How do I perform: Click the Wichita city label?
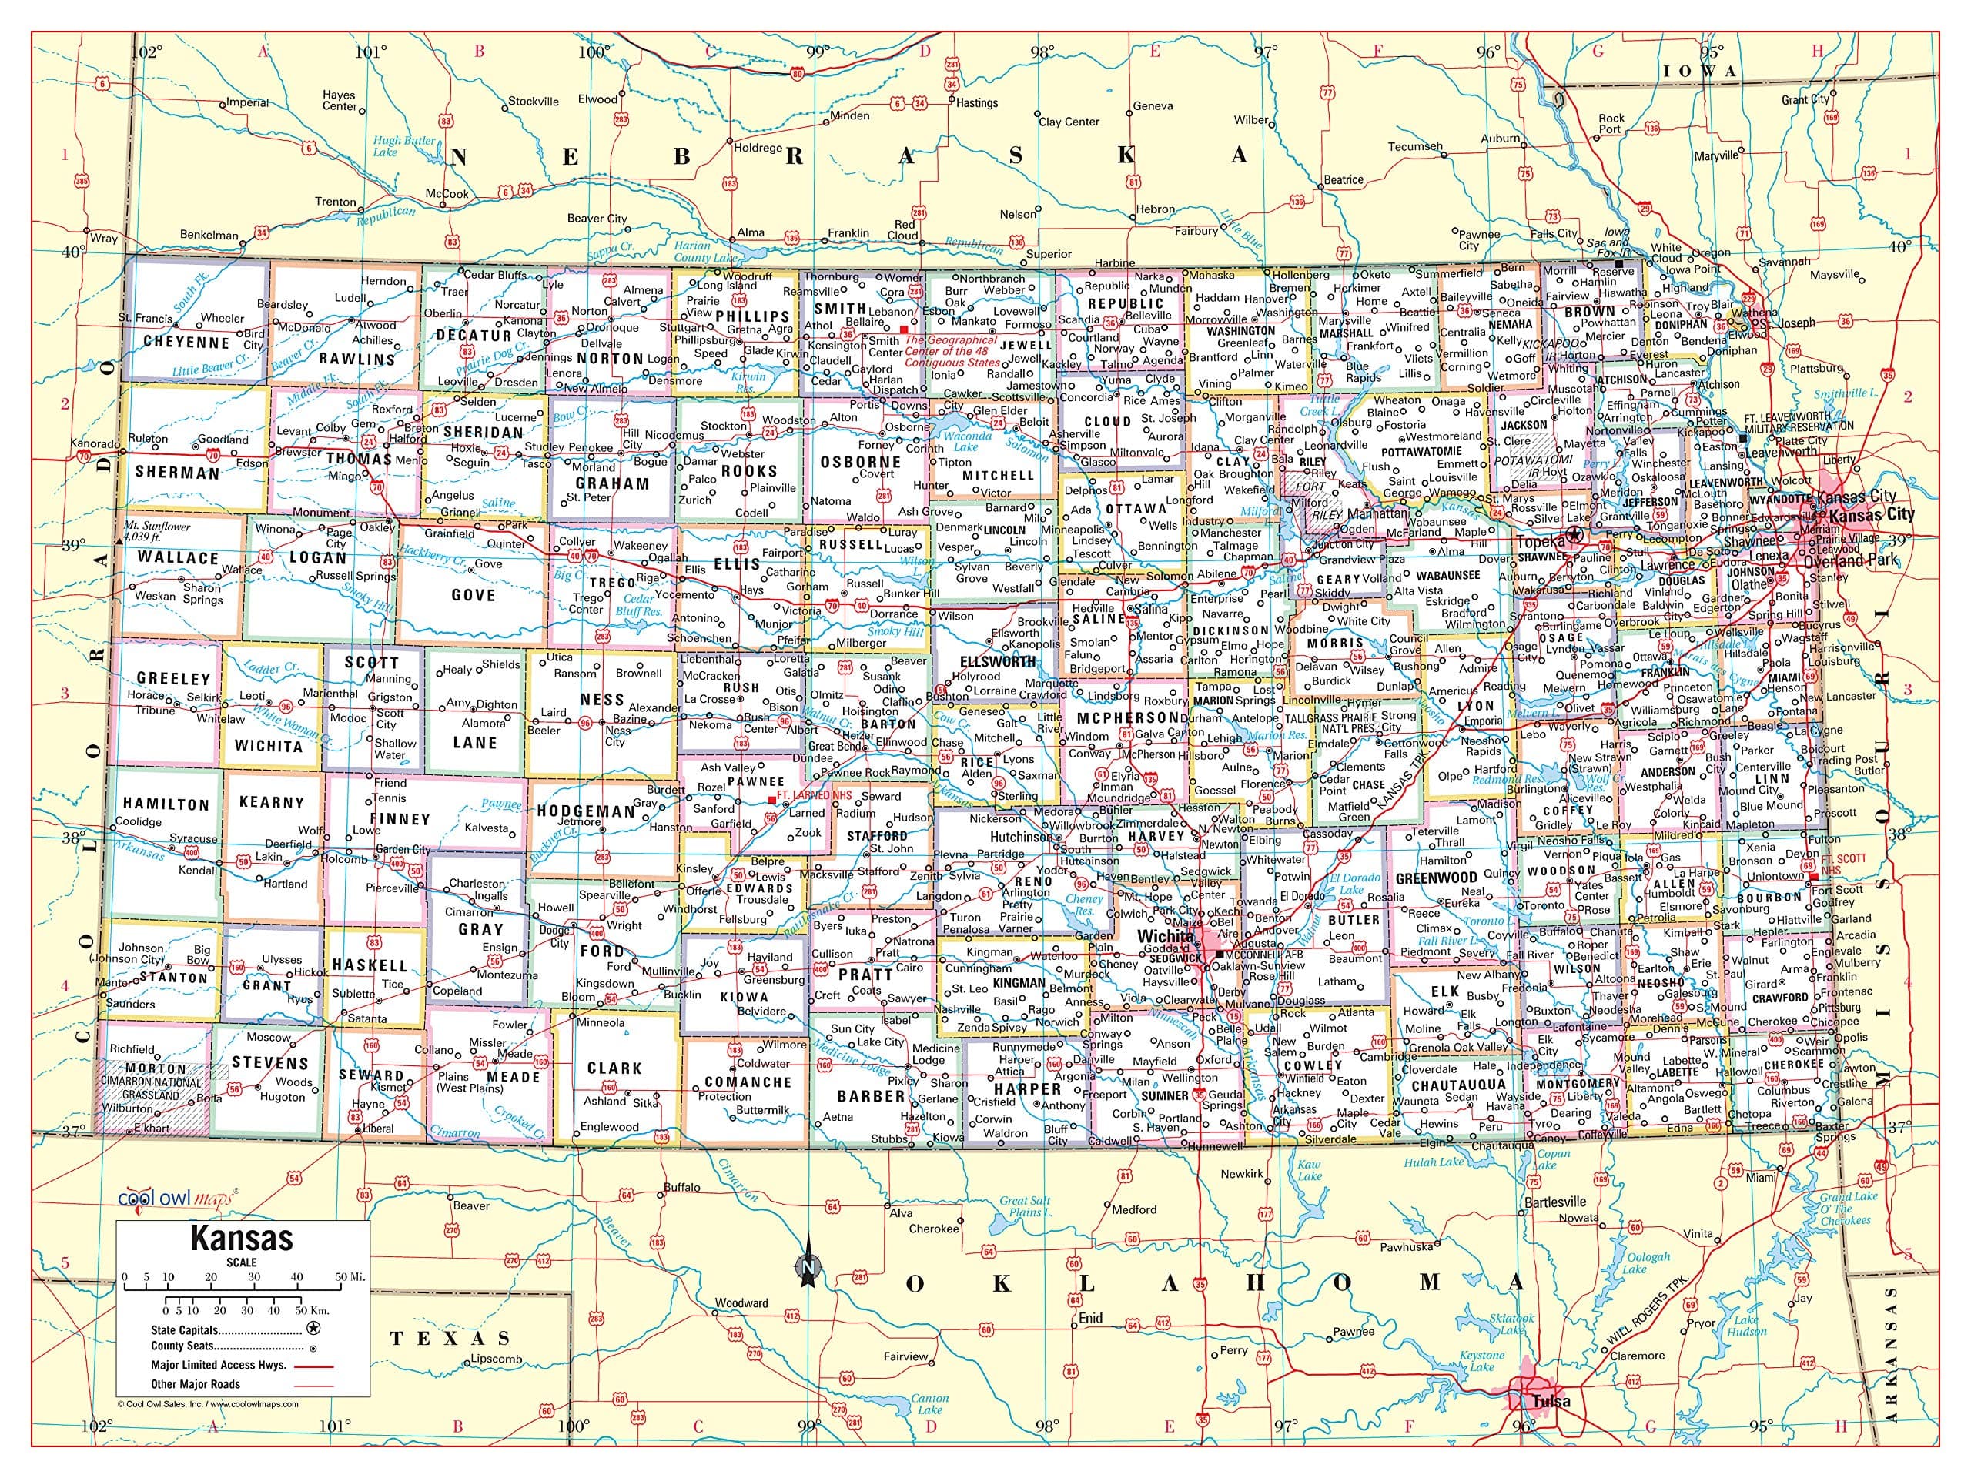1166,938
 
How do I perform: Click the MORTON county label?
156,1068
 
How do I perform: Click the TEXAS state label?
451,1338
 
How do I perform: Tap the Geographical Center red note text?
952,351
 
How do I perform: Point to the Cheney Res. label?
1084,905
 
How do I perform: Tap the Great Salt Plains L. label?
1026,1206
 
